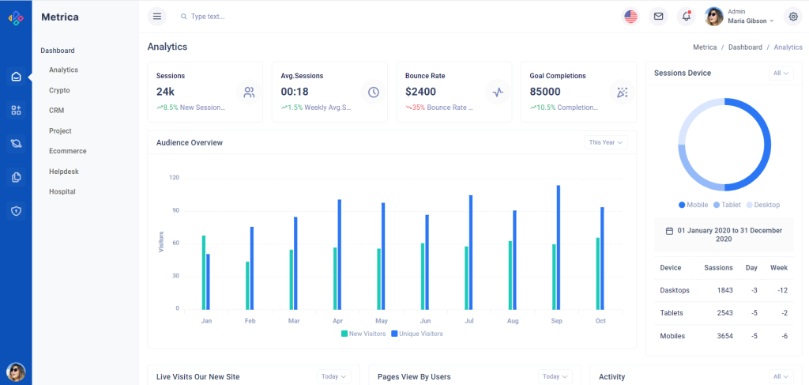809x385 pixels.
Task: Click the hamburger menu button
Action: point(157,16)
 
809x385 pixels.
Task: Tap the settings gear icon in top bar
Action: point(792,16)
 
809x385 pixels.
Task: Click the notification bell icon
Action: point(686,16)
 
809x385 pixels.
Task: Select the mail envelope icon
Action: point(657,16)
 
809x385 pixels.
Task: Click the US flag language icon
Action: point(630,16)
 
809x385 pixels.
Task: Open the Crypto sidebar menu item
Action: point(59,90)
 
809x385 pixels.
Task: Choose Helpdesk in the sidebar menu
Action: point(63,171)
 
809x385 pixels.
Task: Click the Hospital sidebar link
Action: point(62,191)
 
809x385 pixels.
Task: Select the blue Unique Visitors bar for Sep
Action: point(558,247)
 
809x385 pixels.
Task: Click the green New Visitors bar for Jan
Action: point(203,272)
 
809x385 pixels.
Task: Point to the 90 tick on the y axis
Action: point(175,211)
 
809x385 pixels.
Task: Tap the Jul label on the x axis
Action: point(469,321)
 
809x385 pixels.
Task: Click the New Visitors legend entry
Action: point(363,334)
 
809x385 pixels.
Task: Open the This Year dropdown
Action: point(606,142)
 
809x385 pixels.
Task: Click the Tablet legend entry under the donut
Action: point(727,205)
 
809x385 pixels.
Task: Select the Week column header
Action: point(779,267)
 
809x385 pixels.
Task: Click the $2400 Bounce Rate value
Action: point(420,92)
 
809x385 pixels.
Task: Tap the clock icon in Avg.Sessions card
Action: point(374,92)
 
